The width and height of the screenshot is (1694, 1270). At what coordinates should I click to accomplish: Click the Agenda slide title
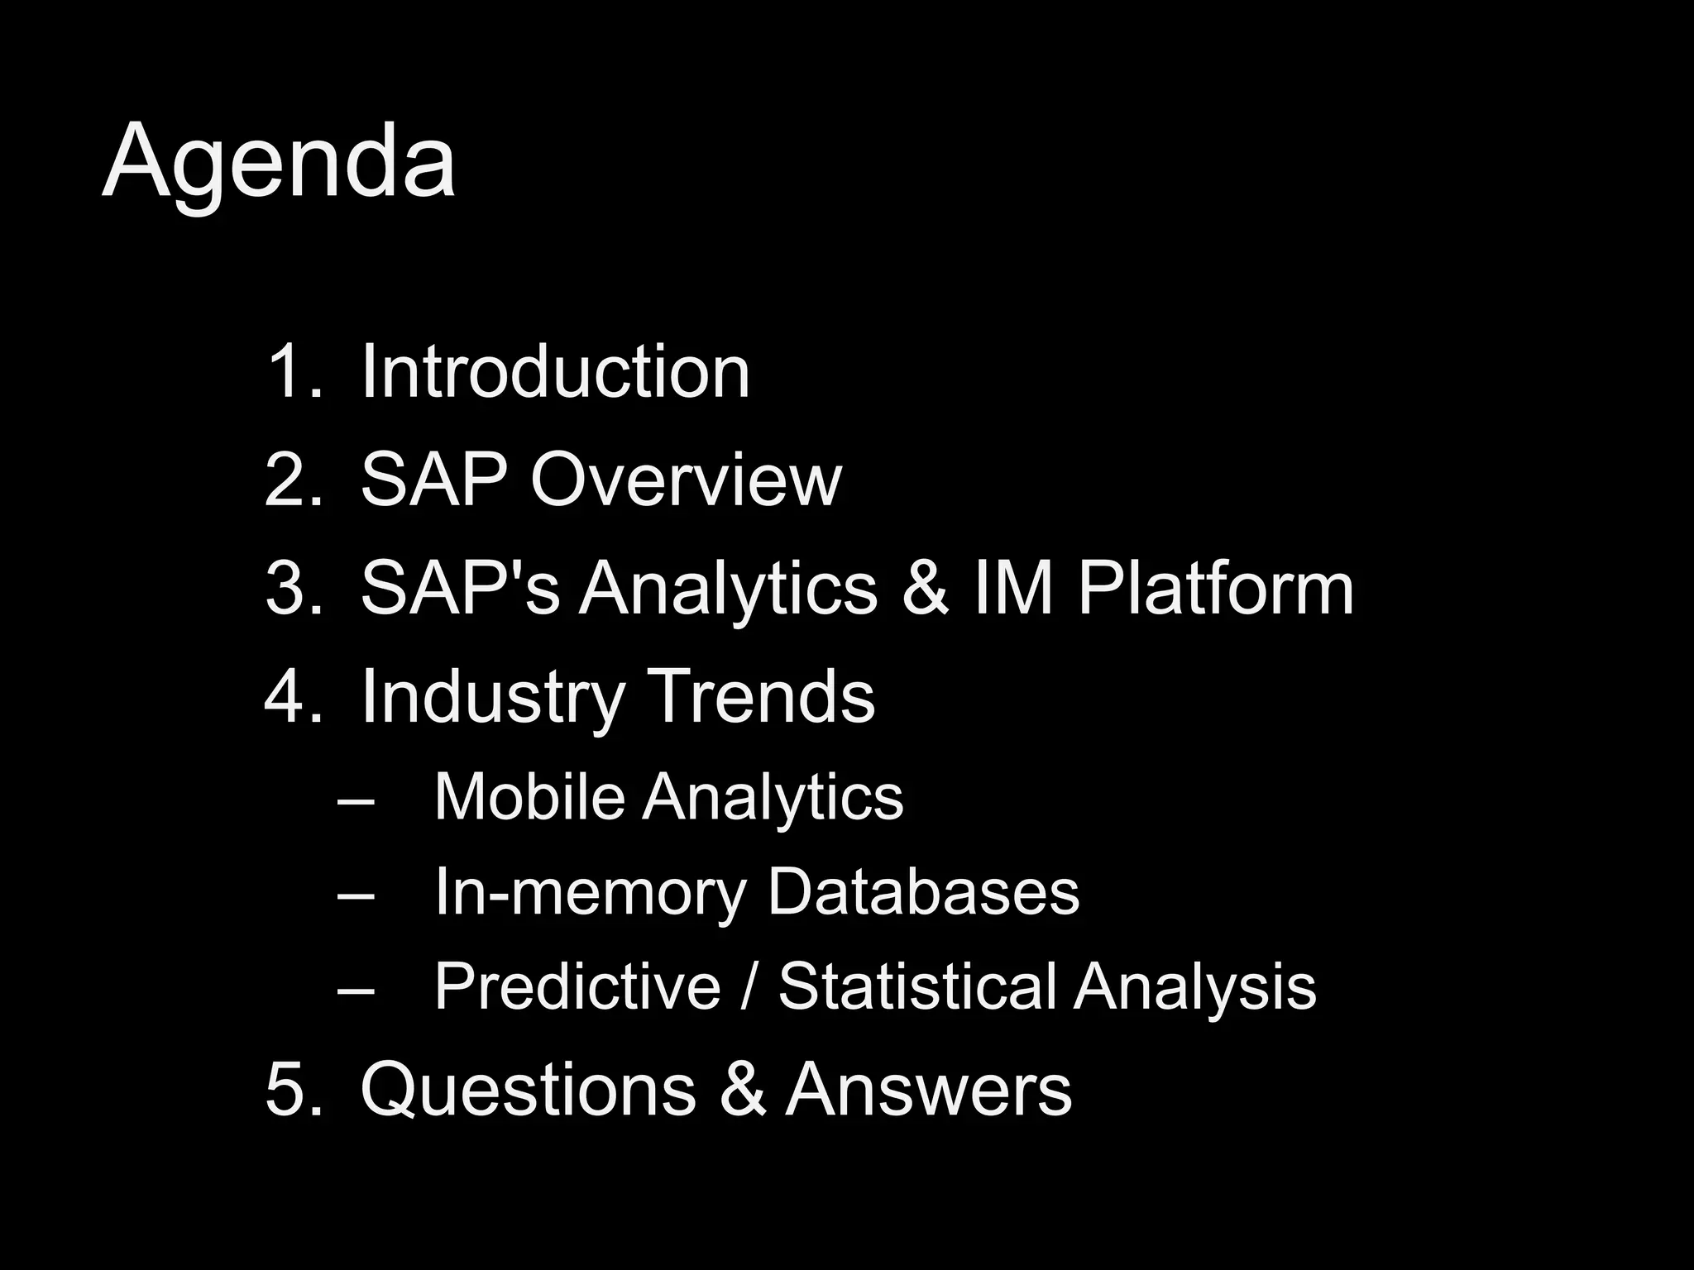tap(278, 160)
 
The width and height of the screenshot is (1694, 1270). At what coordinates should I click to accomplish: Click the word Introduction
tap(555, 372)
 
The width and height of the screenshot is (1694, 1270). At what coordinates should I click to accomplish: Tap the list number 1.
tap(291, 372)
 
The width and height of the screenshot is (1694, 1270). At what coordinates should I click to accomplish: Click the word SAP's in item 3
tap(460, 588)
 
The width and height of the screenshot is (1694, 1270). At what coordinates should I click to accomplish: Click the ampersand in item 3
tap(925, 588)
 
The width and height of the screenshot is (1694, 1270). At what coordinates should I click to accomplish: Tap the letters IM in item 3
tap(1013, 588)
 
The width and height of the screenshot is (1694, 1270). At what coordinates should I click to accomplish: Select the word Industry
tap(491, 697)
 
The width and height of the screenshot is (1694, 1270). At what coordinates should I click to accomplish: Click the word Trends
tap(760, 697)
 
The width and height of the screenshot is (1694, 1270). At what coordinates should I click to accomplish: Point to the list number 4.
tap(291, 697)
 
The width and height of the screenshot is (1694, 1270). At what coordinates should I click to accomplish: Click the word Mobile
tap(529, 796)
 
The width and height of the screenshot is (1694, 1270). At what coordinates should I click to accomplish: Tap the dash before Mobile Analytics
tap(356, 800)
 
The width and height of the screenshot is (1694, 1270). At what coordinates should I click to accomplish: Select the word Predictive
tap(577, 986)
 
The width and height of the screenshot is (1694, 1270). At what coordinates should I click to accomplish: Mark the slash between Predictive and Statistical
tap(749, 986)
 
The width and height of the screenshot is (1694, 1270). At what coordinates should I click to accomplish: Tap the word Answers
tap(928, 1090)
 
